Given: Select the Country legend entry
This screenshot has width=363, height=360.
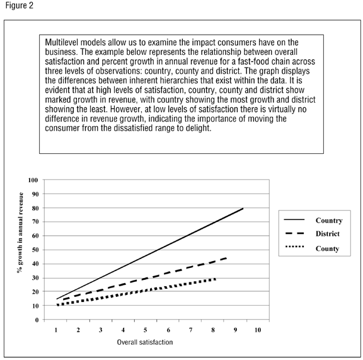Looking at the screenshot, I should [330, 221].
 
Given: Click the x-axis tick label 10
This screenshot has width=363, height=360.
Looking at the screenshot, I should [257, 330].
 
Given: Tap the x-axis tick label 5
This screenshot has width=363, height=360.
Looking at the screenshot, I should [144, 330].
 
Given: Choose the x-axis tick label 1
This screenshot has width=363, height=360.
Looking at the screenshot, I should [56, 330].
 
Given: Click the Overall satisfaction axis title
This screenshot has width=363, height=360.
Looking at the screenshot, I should [145, 342].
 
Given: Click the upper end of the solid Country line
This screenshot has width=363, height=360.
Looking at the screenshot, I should [243, 208].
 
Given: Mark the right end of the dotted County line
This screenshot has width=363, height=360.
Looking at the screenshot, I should [216, 279].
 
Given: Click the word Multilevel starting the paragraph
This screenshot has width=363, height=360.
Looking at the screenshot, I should [62, 42].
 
